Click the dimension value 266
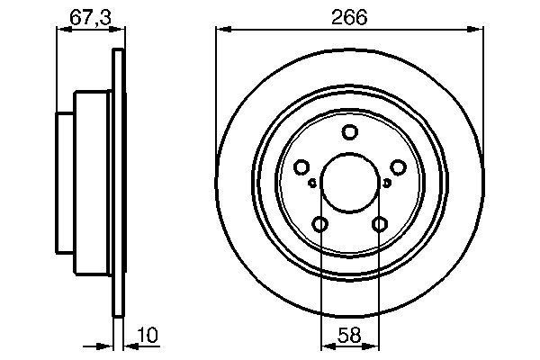[348, 17]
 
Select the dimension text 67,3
[86, 17]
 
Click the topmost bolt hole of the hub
[349, 133]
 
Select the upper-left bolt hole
[301, 167]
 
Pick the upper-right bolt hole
[397, 167]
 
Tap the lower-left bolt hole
[320, 224]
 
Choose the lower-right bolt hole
[379, 224]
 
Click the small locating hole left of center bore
[312, 183]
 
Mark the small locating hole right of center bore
[387, 183]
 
